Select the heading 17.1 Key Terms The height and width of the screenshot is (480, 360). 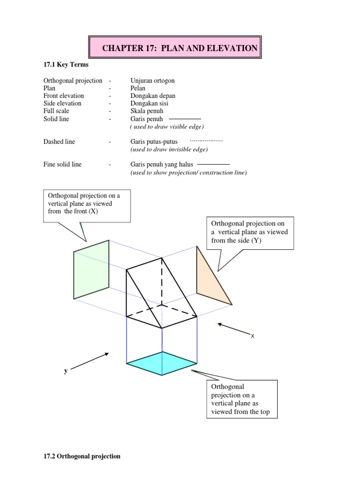click(x=66, y=64)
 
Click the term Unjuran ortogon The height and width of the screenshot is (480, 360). click(x=152, y=81)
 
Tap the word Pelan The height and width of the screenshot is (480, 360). click(x=138, y=88)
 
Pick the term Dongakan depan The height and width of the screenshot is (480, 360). click(x=153, y=96)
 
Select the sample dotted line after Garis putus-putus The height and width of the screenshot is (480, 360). click(x=206, y=141)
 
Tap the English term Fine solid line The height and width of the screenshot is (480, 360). click(x=62, y=165)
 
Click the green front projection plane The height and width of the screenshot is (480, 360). click(x=91, y=270)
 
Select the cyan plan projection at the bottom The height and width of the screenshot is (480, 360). click(x=162, y=363)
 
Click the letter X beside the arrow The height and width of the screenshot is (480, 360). click(x=252, y=336)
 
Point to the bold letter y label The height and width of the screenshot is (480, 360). click(x=66, y=371)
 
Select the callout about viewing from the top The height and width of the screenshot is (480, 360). click(x=241, y=399)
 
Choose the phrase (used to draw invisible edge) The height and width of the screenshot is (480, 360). click(x=169, y=150)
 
